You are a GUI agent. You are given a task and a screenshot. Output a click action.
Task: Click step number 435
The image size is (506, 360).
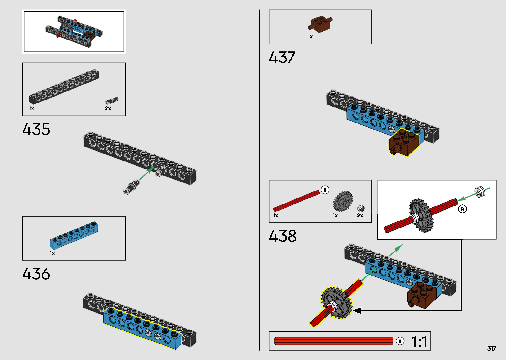coord(36,129)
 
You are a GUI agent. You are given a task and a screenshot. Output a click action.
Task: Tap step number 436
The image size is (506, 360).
coord(36,274)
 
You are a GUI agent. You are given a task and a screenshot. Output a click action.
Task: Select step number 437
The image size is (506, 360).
coord(282,57)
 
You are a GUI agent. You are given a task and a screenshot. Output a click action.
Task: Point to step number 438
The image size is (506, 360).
coord(283,236)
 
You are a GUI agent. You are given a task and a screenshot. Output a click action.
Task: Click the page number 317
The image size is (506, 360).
coord(492,348)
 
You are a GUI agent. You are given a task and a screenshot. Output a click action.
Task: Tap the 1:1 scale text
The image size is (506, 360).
coord(419,342)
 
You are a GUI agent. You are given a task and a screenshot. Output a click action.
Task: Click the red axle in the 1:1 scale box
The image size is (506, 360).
coord(333,341)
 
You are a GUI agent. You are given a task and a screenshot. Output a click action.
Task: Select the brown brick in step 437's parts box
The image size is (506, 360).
coord(320,24)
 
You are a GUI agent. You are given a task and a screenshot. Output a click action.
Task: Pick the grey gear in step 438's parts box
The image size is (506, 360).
coord(343,201)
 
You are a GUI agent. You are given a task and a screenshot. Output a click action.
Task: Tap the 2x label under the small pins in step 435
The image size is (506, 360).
coord(108,108)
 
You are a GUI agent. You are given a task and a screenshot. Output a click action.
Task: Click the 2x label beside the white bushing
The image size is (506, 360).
coord(360,216)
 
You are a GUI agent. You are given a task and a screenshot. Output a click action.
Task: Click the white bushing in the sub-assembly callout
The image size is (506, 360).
coord(479,191)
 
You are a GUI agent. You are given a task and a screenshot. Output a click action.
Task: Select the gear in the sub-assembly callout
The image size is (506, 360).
coord(419,216)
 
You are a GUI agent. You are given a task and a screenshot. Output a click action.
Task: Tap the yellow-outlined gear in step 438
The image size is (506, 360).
coord(335,303)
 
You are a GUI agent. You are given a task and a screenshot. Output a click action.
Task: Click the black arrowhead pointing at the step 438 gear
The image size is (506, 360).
coord(357,310)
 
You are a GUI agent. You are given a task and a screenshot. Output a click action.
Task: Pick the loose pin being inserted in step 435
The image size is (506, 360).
coord(131,187)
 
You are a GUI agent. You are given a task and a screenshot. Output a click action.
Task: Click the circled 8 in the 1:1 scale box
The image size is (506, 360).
coord(400,341)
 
